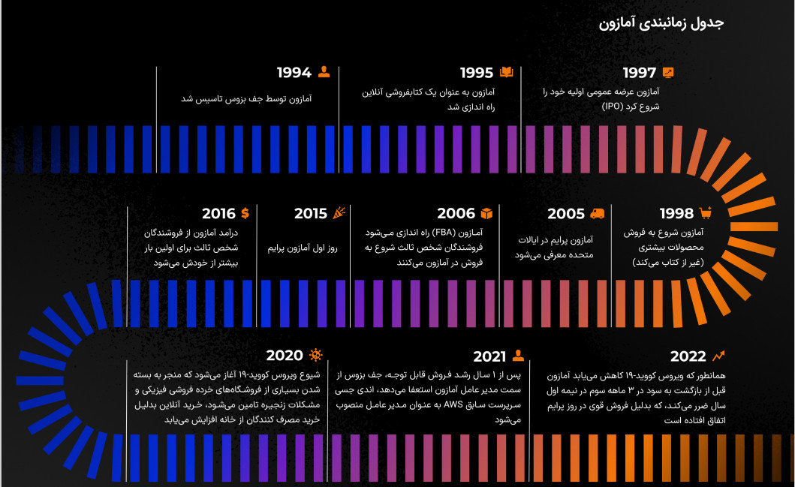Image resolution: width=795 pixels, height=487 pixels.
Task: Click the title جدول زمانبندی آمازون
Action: point(661,23)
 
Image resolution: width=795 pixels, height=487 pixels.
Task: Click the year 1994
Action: point(294,73)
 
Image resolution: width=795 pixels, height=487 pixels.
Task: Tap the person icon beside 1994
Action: point(324,72)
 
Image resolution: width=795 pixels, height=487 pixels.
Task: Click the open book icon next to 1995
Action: point(507,72)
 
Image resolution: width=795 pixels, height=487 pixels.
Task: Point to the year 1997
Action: point(640,73)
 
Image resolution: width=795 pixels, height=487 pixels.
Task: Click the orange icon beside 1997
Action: point(668,72)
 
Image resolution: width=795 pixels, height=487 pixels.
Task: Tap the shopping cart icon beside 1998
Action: point(705,213)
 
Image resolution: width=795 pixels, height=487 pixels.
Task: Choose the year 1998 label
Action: point(676,214)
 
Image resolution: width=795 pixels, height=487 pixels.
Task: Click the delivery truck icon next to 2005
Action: point(598,213)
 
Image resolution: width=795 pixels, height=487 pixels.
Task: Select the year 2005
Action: point(566,214)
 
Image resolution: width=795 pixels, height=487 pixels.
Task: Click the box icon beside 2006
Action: point(486,213)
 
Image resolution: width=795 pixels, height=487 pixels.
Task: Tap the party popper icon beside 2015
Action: point(340,213)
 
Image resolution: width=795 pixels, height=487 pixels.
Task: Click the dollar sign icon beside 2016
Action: point(245,213)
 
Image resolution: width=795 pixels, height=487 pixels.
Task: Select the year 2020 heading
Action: point(285,356)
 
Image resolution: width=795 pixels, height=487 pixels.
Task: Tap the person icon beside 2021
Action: point(518,356)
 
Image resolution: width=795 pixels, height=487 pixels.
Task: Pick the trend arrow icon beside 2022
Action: point(719,356)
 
